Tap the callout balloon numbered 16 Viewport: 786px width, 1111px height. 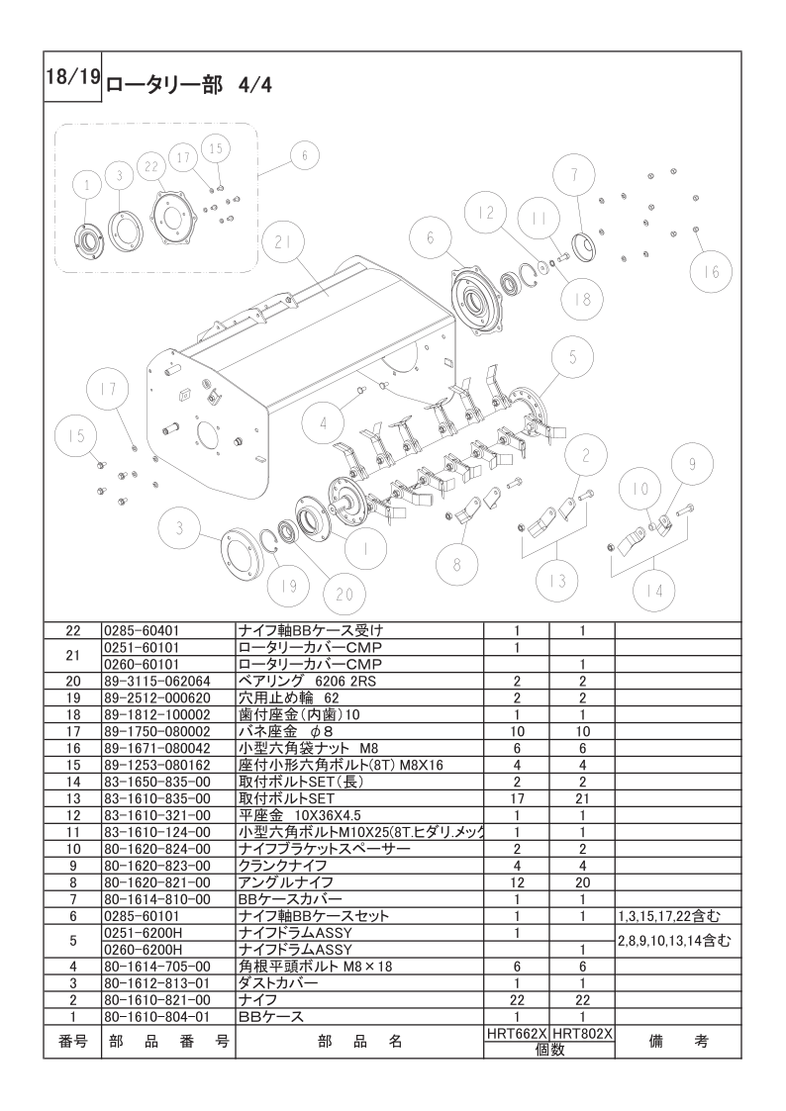[x=712, y=271]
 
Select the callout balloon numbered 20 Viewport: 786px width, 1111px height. [x=344, y=594]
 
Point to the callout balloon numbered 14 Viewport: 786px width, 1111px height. [x=654, y=591]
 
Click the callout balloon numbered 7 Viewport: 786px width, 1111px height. [x=575, y=174]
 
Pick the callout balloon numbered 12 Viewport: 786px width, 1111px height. [x=485, y=212]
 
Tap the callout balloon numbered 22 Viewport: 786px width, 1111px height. [x=150, y=166]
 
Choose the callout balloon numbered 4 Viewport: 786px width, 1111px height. [x=323, y=423]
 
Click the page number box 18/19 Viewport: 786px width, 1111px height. [x=73, y=77]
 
